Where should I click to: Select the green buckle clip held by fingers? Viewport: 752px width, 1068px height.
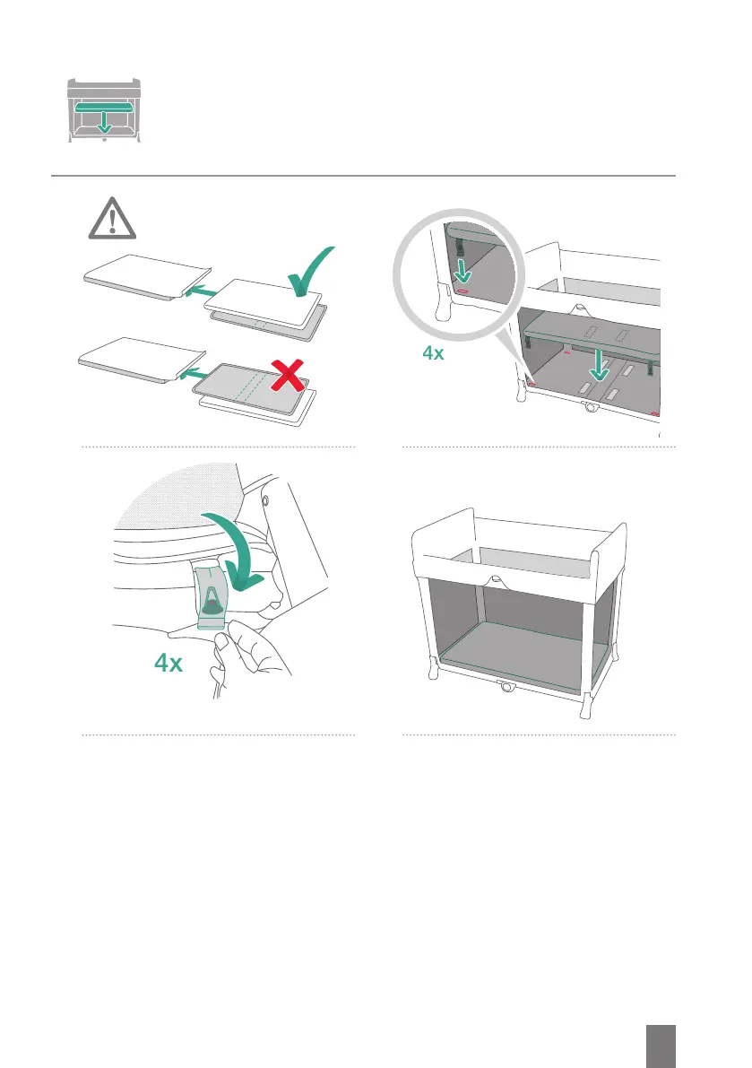(212, 598)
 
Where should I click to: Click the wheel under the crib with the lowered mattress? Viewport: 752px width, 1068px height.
(591, 410)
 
